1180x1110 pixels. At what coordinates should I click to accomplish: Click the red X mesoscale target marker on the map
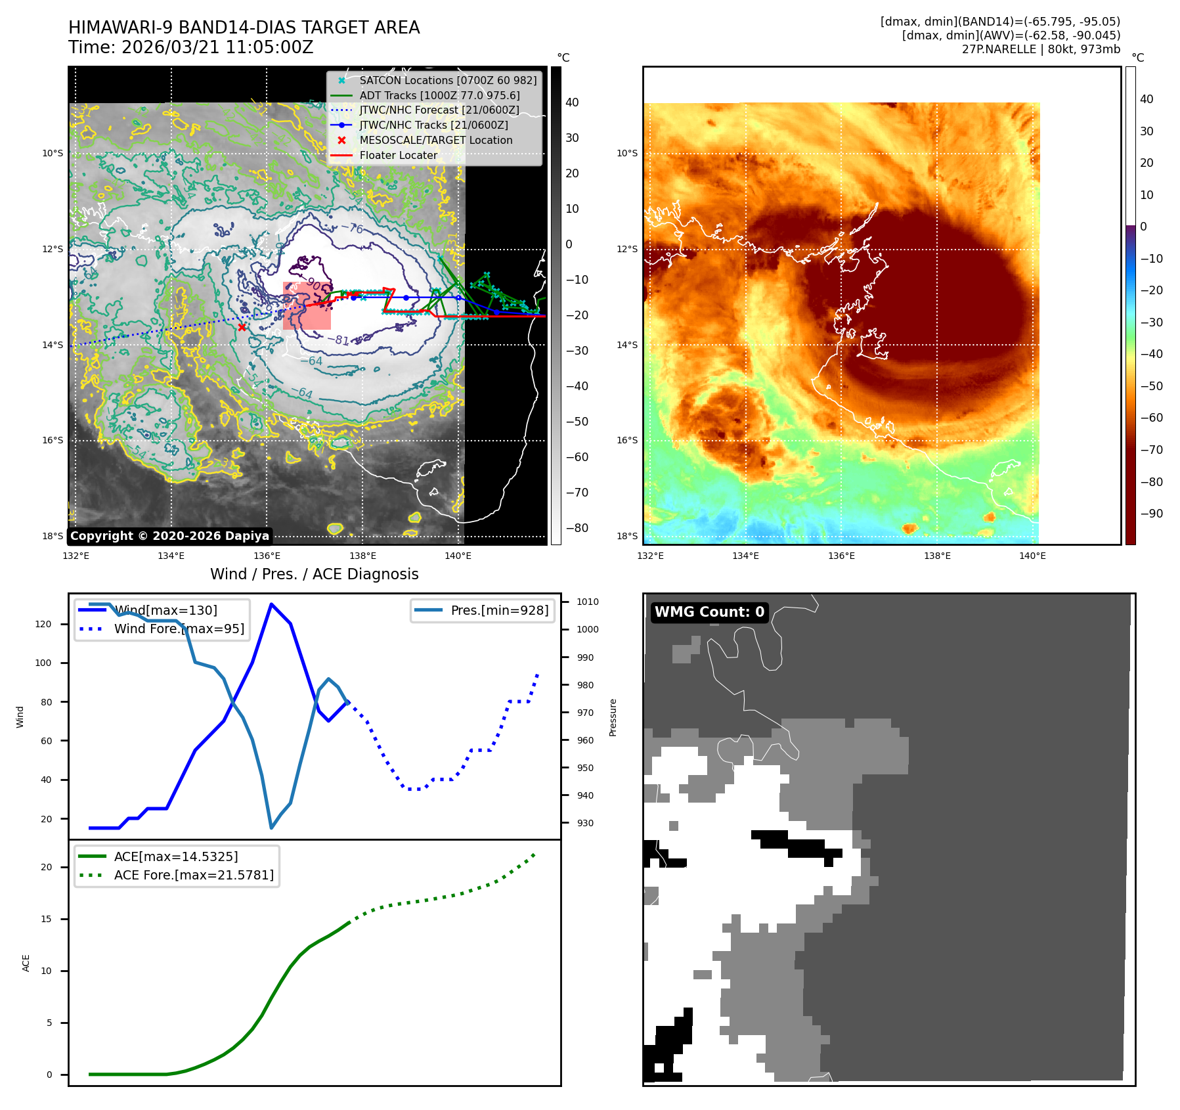click(x=242, y=327)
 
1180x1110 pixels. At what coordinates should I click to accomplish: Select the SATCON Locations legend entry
click(x=447, y=80)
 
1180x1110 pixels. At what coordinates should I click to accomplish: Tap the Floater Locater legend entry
click(x=398, y=155)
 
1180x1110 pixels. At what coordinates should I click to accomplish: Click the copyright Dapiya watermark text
click(x=169, y=536)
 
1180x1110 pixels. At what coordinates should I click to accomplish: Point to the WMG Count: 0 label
click(x=709, y=612)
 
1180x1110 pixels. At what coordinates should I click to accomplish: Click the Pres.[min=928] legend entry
click(x=499, y=610)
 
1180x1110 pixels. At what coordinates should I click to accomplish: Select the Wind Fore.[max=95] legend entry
click(x=179, y=629)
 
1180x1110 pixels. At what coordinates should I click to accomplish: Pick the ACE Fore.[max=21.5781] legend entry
click(x=193, y=875)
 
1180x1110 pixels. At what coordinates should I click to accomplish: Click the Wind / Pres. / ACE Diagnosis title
click(x=314, y=574)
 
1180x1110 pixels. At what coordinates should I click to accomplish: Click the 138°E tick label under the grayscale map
click(x=362, y=556)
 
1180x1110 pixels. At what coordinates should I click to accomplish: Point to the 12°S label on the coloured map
click(x=626, y=249)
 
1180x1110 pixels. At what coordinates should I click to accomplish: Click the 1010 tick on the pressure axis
click(x=587, y=602)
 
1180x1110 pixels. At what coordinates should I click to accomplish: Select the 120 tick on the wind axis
click(x=43, y=624)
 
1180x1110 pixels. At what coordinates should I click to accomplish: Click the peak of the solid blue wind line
click(x=271, y=604)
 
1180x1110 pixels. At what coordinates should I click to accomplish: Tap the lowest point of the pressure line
click(x=271, y=828)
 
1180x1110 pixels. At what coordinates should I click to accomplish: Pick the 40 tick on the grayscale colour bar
click(x=572, y=102)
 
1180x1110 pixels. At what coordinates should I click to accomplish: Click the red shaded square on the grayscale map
click(x=307, y=306)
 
